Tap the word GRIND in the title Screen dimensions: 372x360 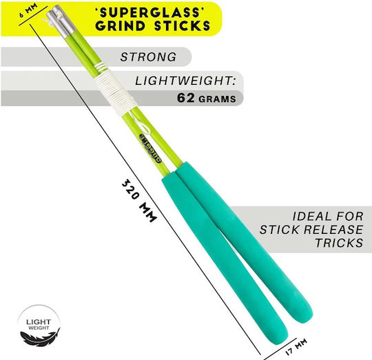point(121,26)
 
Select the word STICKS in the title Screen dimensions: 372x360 point(182,26)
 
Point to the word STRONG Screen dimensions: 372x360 point(148,57)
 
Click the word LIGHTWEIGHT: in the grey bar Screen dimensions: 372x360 point(185,81)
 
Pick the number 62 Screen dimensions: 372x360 point(186,98)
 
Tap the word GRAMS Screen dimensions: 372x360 point(217,99)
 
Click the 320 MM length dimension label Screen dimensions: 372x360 point(139,201)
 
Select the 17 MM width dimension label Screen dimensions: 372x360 point(296,347)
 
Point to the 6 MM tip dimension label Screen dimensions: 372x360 point(28,10)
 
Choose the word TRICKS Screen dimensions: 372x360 point(339,243)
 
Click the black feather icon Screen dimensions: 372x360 point(40,338)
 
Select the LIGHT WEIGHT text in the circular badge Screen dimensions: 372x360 point(39,324)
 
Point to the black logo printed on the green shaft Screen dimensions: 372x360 point(150,148)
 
